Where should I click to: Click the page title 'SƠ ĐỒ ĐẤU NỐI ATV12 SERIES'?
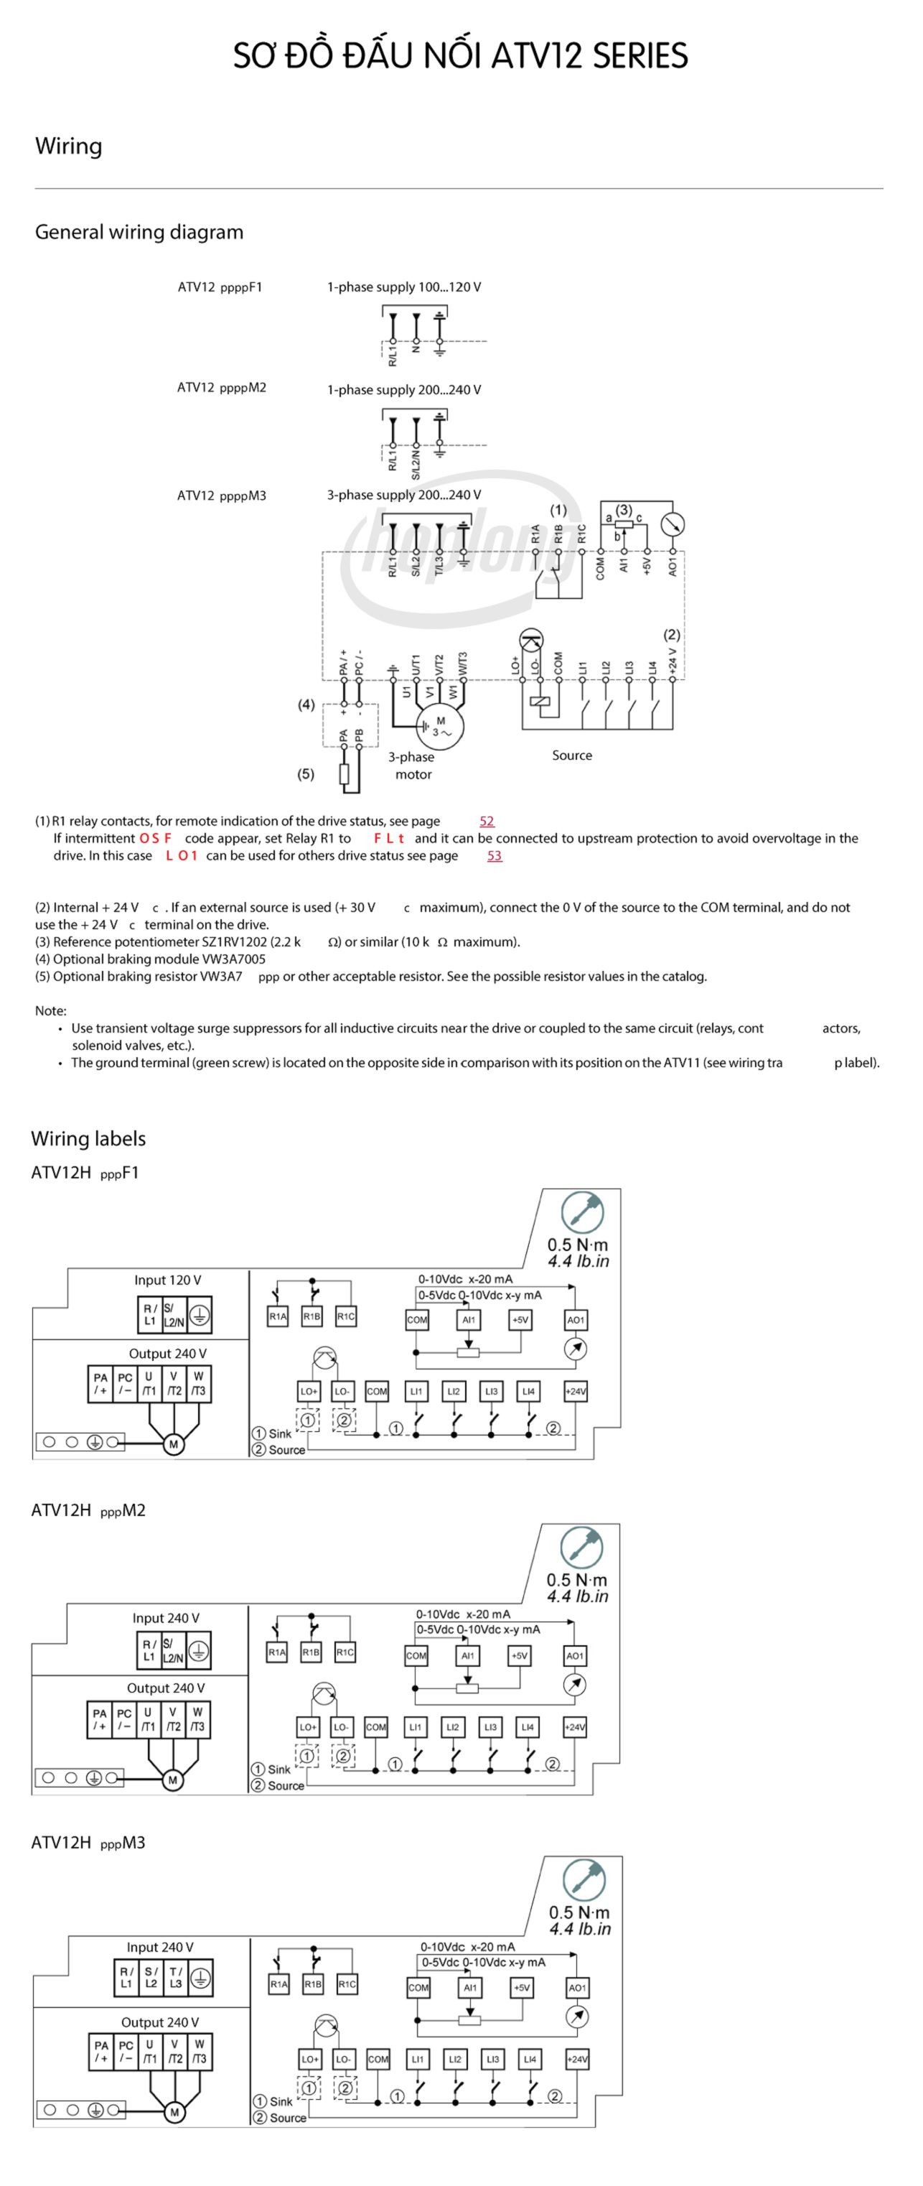(x=461, y=56)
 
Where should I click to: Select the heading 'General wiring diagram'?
(x=139, y=232)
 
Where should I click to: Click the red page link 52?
(x=486, y=821)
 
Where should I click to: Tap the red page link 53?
(x=494, y=855)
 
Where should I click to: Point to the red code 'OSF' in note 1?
(x=155, y=838)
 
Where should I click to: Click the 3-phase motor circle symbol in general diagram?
(x=440, y=727)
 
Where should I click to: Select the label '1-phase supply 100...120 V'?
(x=404, y=287)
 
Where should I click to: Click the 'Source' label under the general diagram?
(x=572, y=755)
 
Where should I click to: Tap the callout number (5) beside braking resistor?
(x=306, y=774)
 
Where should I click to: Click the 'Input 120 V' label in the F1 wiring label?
(x=167, y=1280)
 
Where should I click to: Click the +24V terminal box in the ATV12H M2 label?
(x=574, y=1727)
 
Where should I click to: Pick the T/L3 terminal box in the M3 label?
(x=176, y=1977)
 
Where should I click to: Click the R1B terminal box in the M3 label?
(x=313, y=1984)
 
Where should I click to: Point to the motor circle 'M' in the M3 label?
(x=174, y=2112)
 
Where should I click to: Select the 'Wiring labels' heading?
(x=88, y=1138)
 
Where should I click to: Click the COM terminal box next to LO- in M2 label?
(x=375, y=1727)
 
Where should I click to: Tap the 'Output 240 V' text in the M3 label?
(x=159, y=2022)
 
